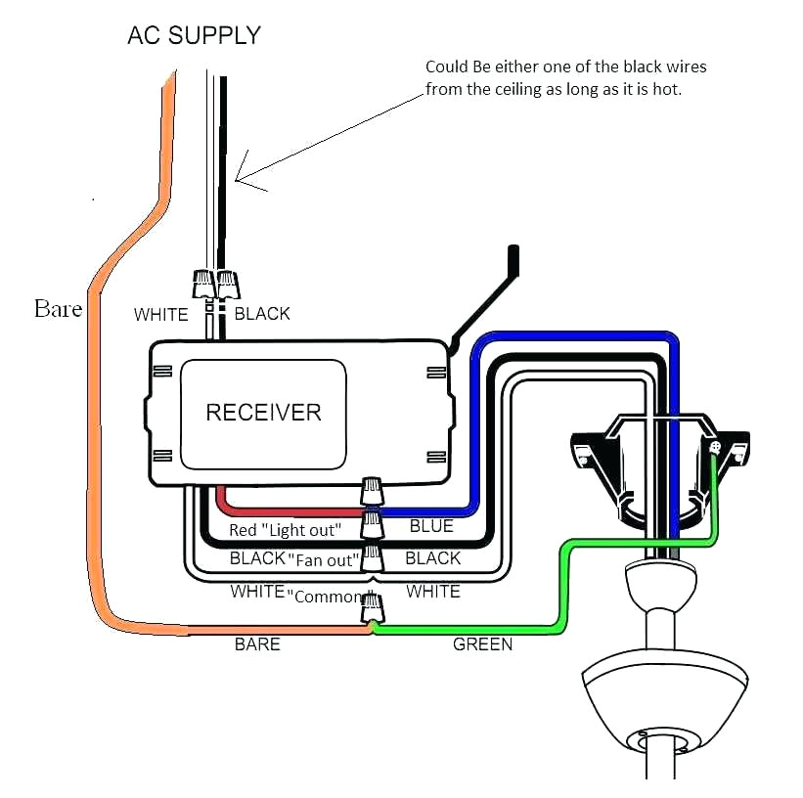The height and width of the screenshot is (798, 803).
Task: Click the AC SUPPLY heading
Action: pos(194,36)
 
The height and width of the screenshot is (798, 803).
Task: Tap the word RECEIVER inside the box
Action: pos(263,412)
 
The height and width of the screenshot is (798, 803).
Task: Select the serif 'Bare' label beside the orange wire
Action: pos(58,309)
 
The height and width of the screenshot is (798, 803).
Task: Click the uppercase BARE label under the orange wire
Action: pos(257,644)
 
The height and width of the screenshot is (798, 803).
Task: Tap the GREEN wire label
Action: pos(482,645)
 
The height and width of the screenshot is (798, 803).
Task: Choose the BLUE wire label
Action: pos(430,526)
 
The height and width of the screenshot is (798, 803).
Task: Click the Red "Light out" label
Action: pos(285,530)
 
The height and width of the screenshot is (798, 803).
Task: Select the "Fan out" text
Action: pos(324,559)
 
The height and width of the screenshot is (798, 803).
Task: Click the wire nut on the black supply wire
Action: pos(227,285)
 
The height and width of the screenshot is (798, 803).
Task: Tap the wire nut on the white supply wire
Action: pos(203,285)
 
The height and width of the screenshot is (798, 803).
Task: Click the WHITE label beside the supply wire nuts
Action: pos(161,314)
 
